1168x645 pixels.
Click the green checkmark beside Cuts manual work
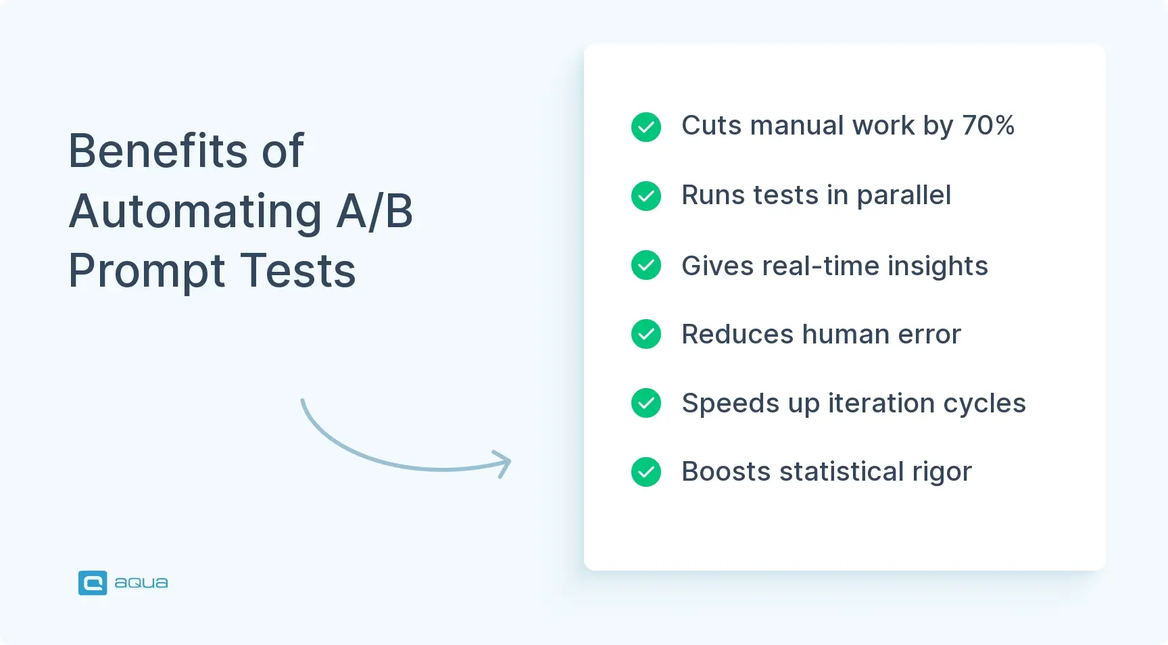click(646, 127)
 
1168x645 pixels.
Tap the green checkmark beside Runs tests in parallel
click(646, 196)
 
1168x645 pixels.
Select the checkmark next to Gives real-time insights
click(646, 265)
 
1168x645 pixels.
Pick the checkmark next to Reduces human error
click(646, 334)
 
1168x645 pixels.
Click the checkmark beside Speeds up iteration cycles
click(646, 403)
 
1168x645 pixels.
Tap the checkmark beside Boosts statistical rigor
click(646, 472)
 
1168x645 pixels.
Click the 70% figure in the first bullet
click(988, 126)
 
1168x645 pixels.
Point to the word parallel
click(904, 195)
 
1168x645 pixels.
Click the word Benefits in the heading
click(158, 151)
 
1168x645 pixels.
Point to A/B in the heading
click(374, 211)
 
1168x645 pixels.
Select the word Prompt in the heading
click(147, 271)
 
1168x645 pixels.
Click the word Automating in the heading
click(195, 211)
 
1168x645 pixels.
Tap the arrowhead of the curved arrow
click(504, 463)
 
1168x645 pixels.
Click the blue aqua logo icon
click(93, 583)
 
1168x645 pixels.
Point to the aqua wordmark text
click(141, 583)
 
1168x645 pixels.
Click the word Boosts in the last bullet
click(725, 472)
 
